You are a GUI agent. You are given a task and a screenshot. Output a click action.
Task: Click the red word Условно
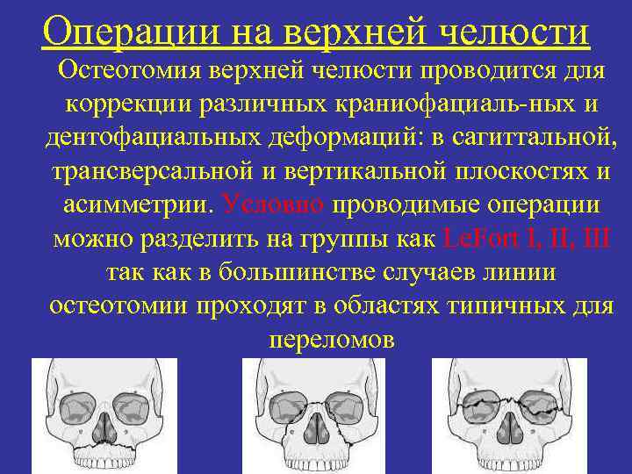click(x=275, y=205)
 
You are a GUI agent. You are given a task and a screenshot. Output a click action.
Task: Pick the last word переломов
click(x=328, y=339)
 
